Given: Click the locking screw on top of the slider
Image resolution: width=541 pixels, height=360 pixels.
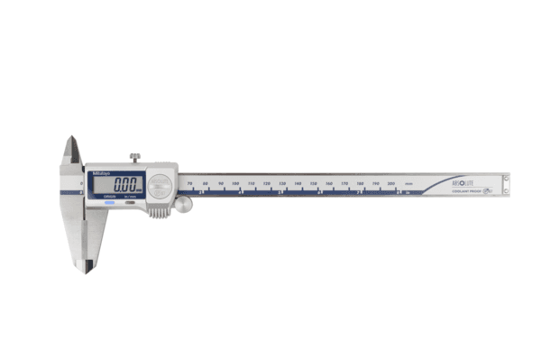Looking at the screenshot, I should pos(134,159).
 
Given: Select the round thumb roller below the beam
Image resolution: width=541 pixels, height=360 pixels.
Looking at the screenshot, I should pos(185,206).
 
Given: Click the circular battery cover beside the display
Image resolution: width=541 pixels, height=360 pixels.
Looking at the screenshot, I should pos(160,185).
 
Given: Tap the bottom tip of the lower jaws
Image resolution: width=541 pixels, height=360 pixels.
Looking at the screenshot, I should pos(86,268).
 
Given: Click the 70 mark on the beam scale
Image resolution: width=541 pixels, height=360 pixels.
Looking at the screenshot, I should pos(188,184).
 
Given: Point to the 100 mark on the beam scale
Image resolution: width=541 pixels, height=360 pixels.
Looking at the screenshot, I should pos(235,184).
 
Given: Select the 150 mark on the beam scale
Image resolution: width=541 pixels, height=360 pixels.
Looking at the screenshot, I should pos(313,184).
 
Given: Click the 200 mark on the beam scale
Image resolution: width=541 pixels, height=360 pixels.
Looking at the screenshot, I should pos(391,184).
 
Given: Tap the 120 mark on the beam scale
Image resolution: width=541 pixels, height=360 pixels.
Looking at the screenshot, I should pos(267,184).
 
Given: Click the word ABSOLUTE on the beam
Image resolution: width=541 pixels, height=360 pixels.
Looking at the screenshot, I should pos(465,180).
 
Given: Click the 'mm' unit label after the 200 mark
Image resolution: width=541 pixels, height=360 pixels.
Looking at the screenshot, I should pos(408,184).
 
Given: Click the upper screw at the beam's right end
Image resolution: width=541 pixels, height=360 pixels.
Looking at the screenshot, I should pos(505,179).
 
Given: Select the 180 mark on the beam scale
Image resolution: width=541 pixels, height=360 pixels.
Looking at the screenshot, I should pos(360,184).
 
